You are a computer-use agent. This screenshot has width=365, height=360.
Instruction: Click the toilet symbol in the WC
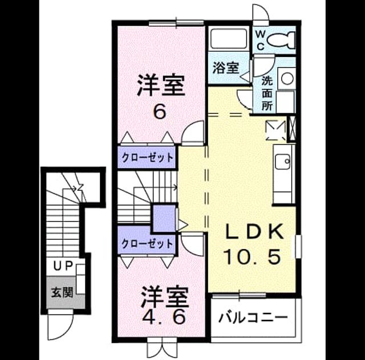point(281,40)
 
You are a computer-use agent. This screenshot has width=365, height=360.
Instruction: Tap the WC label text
point(261,40)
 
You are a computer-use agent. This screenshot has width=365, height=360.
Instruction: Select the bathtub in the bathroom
point(228,39)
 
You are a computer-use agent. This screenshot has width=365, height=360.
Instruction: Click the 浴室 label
point(226,68)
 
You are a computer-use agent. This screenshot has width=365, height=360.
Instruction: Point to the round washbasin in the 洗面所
point(287,78)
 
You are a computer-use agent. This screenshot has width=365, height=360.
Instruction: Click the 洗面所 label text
point(267,93)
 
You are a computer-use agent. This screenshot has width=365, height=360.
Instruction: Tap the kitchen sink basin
point(283,162)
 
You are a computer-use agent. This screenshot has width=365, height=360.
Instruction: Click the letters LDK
point(255,232)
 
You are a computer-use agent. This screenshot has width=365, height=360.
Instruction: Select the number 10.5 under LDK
point(252,256)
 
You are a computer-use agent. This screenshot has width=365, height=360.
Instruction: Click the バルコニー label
point(253,317)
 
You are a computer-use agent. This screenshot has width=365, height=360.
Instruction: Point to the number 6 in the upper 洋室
point(160,113)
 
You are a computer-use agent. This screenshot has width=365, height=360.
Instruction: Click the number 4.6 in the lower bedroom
point(164,317)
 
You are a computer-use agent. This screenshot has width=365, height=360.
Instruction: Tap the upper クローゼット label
point(148,158)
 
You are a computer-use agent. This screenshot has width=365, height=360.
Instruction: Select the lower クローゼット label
point(148,244)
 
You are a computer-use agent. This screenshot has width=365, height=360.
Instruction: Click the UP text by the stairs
point(63,266)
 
